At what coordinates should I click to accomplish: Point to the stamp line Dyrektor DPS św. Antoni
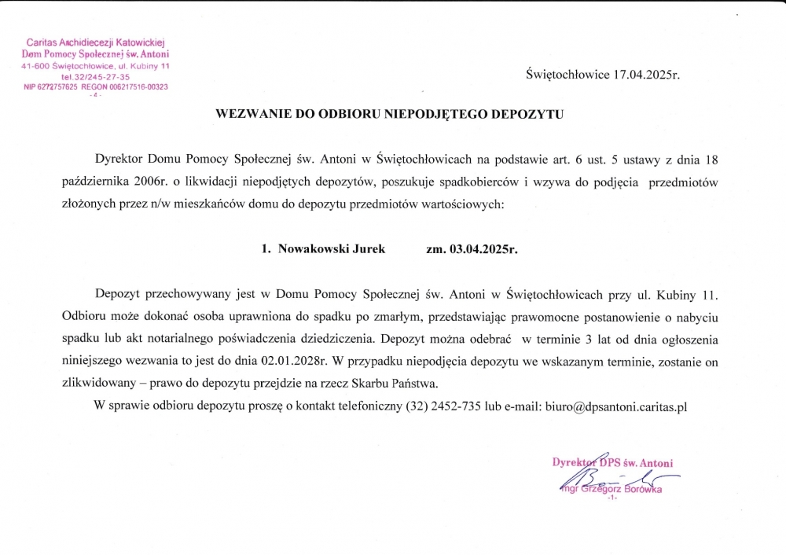click(x=612, y=463)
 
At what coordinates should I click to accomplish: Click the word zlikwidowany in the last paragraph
click(x=97, y=384)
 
